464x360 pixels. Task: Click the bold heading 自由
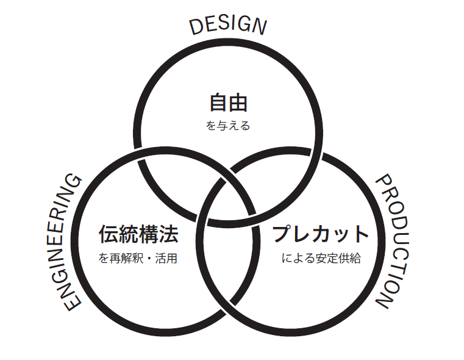point(228,103)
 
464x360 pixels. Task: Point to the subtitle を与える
point(228,126)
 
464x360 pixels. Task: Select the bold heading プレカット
point(321,234)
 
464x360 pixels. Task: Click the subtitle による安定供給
point(321,258)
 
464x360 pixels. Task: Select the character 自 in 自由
point(218,103)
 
